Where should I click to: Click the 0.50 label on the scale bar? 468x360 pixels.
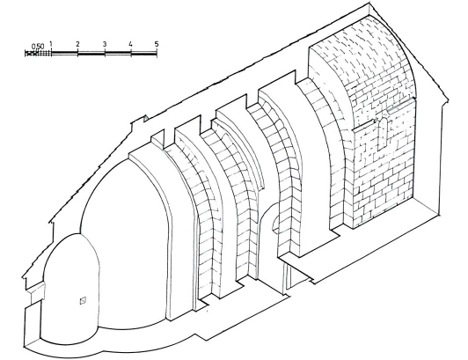[38, 47]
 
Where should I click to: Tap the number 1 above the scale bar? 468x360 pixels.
[51, 44]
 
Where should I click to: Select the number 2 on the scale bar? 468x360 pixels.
[77, 44]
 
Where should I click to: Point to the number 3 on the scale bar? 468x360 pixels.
[105, 44]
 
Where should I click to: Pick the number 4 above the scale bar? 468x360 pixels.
[130, 44]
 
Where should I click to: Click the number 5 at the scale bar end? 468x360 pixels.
[157, 44]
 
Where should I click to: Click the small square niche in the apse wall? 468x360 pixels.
[83, 300]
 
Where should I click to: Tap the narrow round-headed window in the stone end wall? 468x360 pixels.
[383, 134]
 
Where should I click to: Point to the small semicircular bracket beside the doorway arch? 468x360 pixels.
[275, 224]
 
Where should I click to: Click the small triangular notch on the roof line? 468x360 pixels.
[146, 119]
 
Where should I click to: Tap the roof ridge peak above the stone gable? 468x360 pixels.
[370, 4]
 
